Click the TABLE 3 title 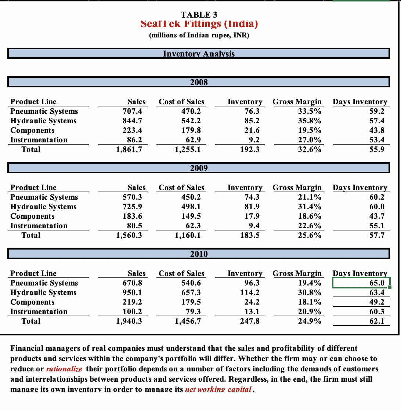click(199, 15)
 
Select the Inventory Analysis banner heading click(198, 54)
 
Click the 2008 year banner click(199, 82)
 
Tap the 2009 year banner click(199, 168)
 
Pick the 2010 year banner click(199, 254)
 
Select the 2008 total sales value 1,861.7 click(129, 149)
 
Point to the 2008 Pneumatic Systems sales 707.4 click(134, 111)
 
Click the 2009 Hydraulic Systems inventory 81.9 click(252, 207)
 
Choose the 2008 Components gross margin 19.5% click(311, 130)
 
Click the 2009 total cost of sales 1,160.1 click(188, 235)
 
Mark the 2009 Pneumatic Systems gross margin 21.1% click(311, 197)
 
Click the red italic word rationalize click(64, 368)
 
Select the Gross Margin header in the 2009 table click(297, 188)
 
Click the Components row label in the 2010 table click(32, 302)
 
